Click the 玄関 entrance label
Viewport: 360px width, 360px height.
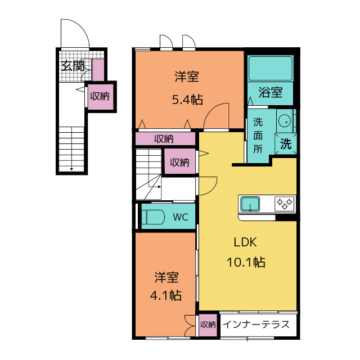tap(73, 66)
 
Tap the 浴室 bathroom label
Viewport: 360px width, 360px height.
tap(270, 92)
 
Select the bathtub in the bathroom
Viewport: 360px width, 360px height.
tap(270, 68)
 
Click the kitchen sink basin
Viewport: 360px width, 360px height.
tap(250, 204)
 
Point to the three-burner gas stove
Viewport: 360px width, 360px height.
tap(285, 204)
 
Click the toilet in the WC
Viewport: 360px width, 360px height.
tap(153, 217)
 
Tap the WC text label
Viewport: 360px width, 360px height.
tap(181, 217)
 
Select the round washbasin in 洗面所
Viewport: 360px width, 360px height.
tap(285, 121)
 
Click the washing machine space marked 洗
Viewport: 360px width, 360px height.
tap(286, 144)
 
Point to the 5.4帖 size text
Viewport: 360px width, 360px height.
tap(187, 100)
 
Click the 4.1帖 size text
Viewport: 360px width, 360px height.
tap(166, 295)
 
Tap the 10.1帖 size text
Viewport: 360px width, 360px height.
tap(246, 262)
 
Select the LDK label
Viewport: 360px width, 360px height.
tap(245, 242)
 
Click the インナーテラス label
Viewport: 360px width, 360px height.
tap(256, 325)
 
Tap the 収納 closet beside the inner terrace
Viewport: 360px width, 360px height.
tap(208, 325)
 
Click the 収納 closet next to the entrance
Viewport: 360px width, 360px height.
tap(100, 96)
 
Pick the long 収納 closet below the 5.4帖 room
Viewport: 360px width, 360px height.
tap(165, 139)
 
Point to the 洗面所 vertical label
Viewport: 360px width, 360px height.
tap(258, 136)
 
